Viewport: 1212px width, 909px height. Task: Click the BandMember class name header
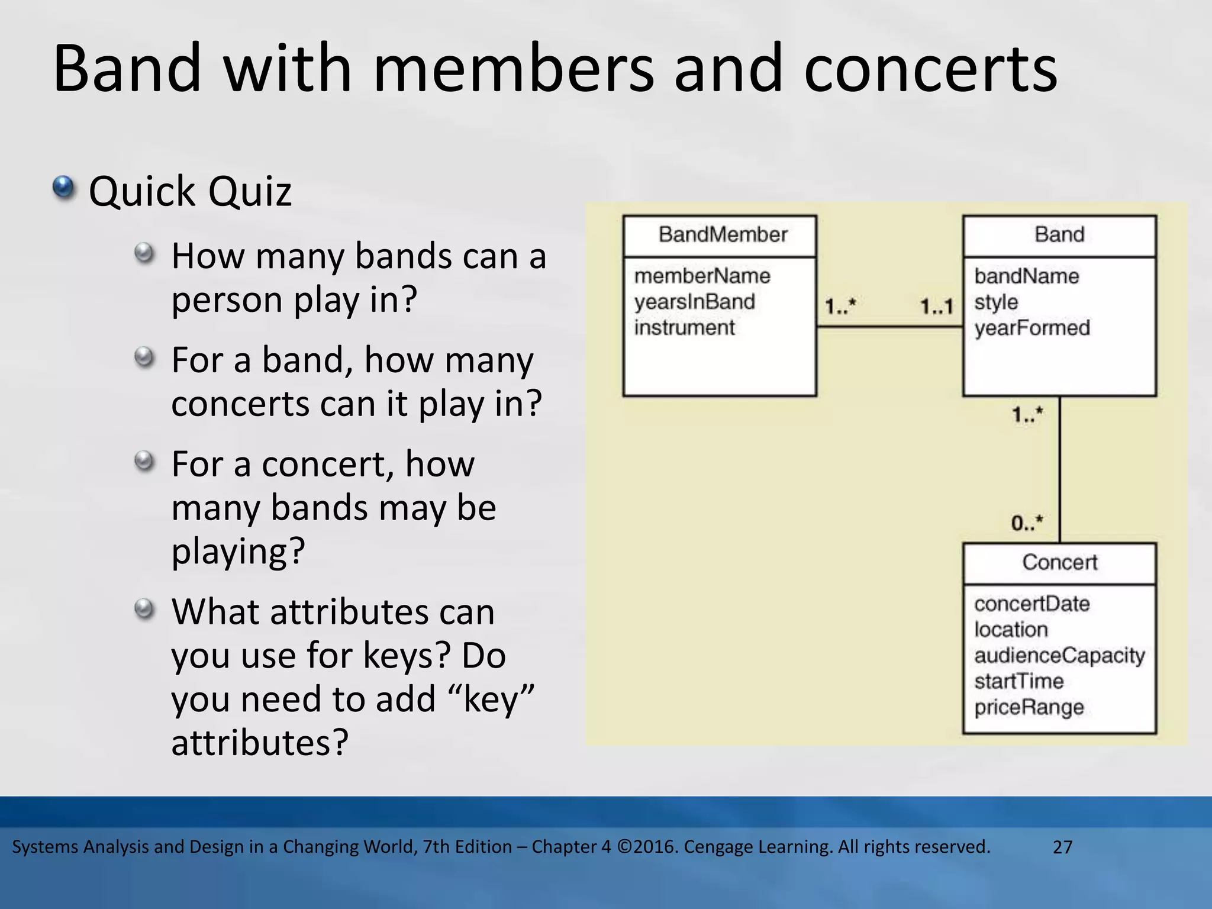coord(722,235)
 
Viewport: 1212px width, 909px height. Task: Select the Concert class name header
coord(1059,562)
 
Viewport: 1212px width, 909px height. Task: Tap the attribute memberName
coord(702,276)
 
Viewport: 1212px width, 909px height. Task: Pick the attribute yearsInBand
coord(694,302)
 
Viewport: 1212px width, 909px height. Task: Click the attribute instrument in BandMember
coord(684,327)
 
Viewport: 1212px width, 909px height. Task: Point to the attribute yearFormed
coord(1032,328)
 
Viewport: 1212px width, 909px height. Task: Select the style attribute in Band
coord(995,302)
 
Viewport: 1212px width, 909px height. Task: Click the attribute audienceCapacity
coord(1059,656)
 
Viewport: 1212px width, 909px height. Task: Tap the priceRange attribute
coord(1029,707)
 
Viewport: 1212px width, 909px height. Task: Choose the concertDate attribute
coord(1032,604)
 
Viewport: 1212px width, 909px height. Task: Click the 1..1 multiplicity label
coord(936,307)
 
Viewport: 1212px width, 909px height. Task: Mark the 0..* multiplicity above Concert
coord(1027,523)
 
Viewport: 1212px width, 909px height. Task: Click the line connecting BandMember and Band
coord(889,327)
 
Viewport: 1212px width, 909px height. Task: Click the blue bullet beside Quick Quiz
coord(63,188)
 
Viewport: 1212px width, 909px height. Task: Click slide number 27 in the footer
coord(1062,847)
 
